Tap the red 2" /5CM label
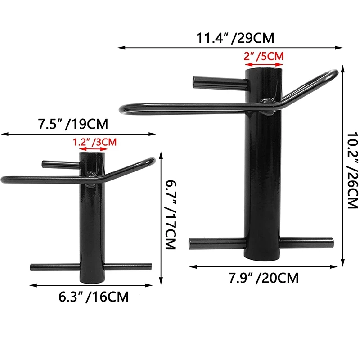click(264, 57)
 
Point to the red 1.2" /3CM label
click(94, 142)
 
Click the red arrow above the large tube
click(264, 64)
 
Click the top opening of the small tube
click(91, 154)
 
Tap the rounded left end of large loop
click(122, 109)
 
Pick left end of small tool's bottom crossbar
click(32, 267)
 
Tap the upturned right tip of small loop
click(153, 160)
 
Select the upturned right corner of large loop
click(334, 72)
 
